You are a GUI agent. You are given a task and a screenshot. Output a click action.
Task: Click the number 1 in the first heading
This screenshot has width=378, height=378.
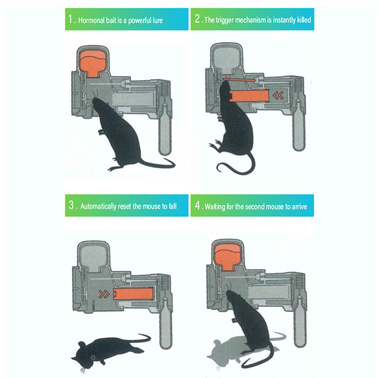pos(70,19)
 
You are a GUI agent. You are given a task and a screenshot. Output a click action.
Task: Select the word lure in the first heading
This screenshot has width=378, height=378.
pos(158,20)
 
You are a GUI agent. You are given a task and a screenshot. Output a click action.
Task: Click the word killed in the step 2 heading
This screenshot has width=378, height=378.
pos(304,20)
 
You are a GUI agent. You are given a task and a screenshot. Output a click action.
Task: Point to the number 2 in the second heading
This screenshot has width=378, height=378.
pos(198,18)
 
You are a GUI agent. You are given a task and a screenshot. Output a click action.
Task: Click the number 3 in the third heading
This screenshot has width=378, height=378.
pos(71,205)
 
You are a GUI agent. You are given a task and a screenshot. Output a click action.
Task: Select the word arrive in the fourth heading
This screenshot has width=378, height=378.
pos(300,207)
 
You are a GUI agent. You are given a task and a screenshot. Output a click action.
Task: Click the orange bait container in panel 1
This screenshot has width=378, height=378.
pos(93,63)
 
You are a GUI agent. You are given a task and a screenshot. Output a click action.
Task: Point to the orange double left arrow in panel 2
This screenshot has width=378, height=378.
pos(278,96)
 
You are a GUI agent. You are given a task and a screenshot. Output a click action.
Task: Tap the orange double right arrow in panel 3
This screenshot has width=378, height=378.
pos(104,294)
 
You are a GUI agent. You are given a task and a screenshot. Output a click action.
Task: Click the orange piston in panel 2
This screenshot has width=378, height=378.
pos(249,96)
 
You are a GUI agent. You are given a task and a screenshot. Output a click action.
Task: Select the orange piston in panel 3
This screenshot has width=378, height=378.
pos(133,294)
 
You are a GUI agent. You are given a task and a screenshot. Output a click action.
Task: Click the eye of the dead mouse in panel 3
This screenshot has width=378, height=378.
pos(92,357)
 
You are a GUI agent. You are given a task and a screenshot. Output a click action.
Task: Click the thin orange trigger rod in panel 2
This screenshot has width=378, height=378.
pos(239,79)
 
